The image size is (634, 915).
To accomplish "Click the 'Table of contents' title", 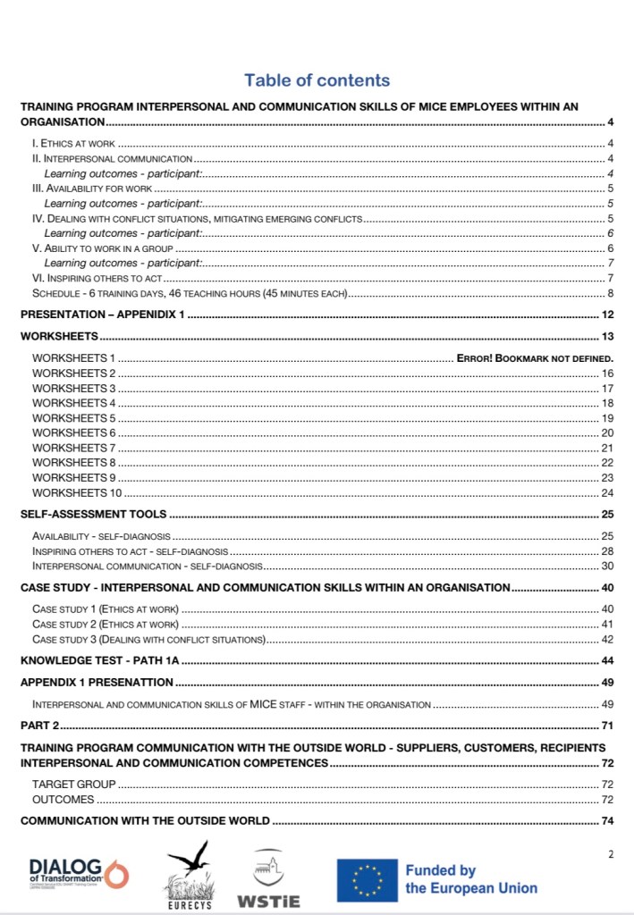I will [317, 80].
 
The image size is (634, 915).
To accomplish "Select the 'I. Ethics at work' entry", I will [72, 143].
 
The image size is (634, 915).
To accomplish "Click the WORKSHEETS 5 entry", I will [74, 418].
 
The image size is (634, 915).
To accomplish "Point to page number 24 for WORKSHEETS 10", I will [606, 492].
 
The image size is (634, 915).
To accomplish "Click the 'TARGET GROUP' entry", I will [74, 784].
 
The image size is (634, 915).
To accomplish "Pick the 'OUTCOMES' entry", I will [63, 799].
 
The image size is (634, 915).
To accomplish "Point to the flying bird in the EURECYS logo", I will [189, 860].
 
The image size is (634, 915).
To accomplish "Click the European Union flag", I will [367, 879].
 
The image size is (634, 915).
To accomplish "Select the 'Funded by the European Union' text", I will [471, 879].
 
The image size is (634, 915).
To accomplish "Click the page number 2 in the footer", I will [611, 854].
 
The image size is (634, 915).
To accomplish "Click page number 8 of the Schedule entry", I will [609, 293].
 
